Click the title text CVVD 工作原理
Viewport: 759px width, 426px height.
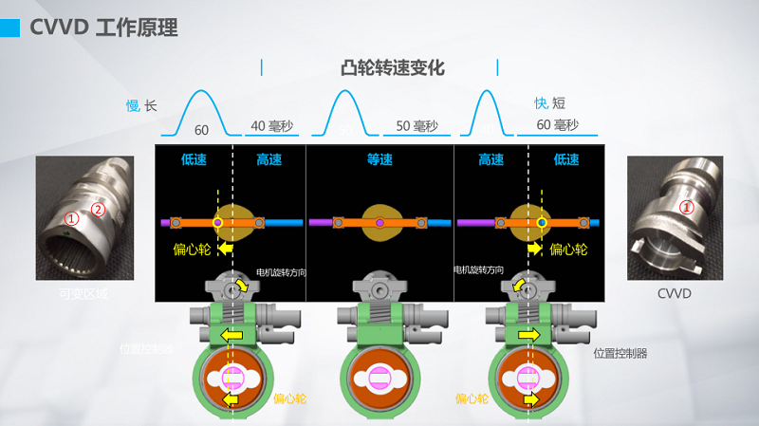103,28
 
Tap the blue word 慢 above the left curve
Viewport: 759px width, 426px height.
133,105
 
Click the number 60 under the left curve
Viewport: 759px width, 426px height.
201,129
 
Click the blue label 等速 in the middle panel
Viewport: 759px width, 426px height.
379,159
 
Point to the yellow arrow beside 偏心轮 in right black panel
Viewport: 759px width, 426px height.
535,249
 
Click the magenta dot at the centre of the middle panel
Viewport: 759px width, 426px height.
379,223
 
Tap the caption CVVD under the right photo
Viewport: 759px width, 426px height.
676,293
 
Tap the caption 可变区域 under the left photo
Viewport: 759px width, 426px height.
83,293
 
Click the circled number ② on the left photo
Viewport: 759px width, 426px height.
97,210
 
